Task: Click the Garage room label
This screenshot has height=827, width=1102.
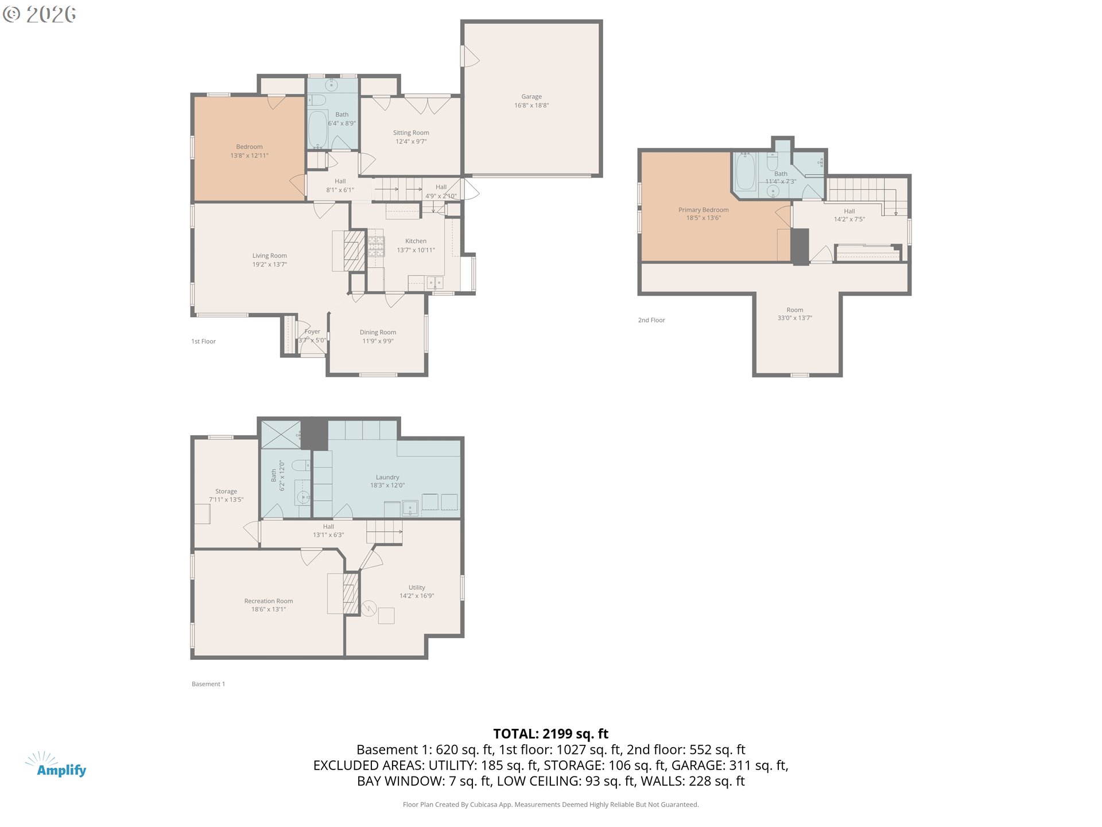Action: coord(531,96)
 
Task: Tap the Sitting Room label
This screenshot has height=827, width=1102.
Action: coord(411,133)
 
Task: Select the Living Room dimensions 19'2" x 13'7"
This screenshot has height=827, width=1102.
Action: coord(270,264)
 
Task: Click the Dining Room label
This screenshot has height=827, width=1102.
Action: coord(378,332)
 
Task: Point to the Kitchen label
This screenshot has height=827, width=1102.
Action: coord(416,241)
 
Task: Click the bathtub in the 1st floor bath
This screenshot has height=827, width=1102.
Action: coord(318,129)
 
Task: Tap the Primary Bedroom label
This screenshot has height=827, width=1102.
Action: coord(704,210)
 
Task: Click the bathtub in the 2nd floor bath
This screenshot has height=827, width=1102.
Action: coord(746,171)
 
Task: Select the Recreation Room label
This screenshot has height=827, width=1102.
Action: coord(269,601)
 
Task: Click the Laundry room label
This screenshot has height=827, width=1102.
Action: coord(387,477)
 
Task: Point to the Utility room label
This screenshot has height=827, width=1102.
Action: coord(417,588)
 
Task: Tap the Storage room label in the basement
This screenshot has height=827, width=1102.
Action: coord(226,491)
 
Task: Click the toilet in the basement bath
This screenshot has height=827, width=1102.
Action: coord(300,465)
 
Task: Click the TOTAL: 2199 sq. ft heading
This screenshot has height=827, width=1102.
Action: coord(551,733)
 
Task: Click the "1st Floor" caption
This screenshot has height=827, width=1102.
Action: coord(204,341)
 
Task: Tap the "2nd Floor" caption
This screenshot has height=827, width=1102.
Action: coord(651,320)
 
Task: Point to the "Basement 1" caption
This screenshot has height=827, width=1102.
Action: coord(208,684)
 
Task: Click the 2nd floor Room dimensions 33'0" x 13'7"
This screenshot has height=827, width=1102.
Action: coord(795,318)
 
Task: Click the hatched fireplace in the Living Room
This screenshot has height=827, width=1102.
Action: coord(354,250)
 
